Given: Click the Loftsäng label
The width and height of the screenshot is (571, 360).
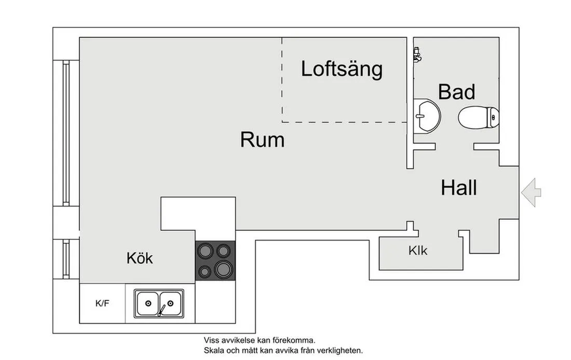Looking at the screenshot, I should pyautogui.click(x=342, y=69).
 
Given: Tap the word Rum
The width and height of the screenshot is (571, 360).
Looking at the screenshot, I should pyautogui.click(x=262, y=140).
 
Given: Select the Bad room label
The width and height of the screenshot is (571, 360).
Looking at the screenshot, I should pyautogui.click(x=456, y=92).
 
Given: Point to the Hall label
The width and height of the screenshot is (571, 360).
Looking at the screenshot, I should pyautogui.click(x=459, y=188).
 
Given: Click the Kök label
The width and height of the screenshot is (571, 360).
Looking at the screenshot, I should pyautogui.click(x=140, y=258).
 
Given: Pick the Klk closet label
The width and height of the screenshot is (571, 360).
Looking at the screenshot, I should pyautogui.click(x=418, y=251).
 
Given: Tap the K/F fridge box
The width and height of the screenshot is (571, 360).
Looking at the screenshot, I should pyautogui.click(x=102, y=303).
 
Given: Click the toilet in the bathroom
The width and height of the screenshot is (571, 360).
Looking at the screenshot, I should pyautogui.click(x=478, y=117).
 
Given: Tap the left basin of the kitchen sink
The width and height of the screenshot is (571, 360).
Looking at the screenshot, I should pyautogui.click(x=147, y=303).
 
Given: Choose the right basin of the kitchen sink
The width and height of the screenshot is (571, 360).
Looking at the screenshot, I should pyautogui.click(x=170, y=302).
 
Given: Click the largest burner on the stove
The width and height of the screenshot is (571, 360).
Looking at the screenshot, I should pyautogui.click(x=224, y=269).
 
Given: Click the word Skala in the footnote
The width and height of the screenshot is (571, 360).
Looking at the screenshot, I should pyautogui.click(x=213, y=350).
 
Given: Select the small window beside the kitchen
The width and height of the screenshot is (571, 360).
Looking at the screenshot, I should pyautogui.click(x=66, y=259).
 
